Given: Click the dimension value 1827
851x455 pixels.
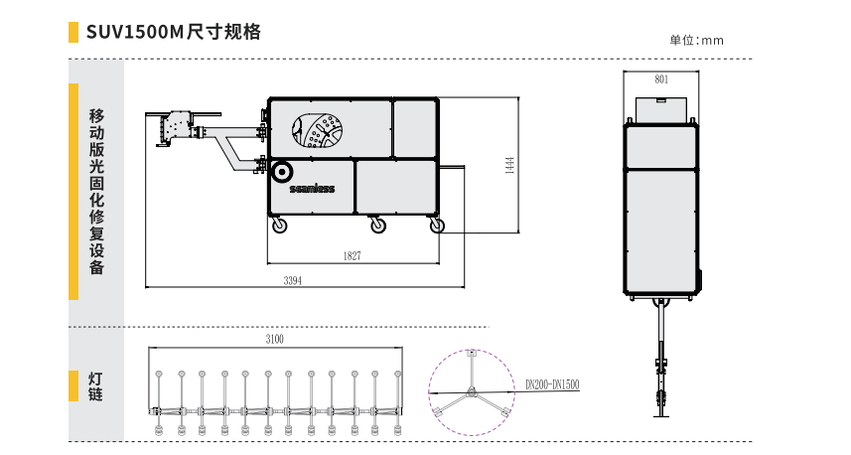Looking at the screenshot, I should (353, 256).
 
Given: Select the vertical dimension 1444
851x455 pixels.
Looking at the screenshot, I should (508, 165).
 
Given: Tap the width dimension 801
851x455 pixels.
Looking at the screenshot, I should (661, 78).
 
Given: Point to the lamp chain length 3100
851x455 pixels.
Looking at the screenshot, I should (275, 340).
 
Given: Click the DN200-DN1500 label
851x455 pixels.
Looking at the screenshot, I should (552, 383).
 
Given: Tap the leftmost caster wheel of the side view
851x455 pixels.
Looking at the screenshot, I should (281, 227).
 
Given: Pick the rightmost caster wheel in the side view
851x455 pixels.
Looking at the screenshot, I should (437, 227).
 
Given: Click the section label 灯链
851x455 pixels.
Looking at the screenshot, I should (96, 386).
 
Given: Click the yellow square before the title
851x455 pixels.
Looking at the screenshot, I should (73, 33).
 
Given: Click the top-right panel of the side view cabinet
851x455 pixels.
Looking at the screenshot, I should (414, 129).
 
